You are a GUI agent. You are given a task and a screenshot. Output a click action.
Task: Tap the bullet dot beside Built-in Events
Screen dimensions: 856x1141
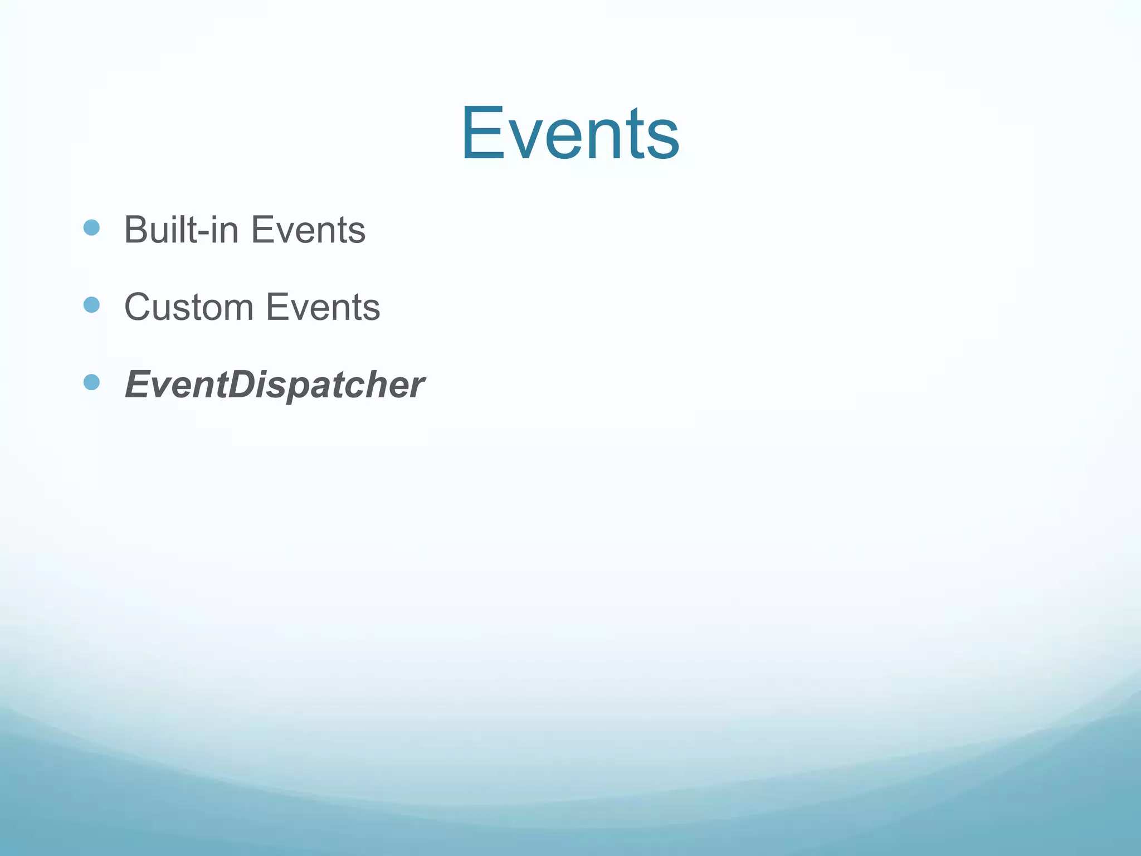click(91, 227)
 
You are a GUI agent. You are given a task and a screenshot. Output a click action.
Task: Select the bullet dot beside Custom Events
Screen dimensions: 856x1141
click(91, 305)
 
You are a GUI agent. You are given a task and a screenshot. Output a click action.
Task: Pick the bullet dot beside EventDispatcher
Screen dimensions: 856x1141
click(91, 382)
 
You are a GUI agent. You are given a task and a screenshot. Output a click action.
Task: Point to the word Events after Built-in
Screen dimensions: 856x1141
click(308, 230)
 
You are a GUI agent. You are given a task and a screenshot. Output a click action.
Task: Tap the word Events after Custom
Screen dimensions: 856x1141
click(323, 307)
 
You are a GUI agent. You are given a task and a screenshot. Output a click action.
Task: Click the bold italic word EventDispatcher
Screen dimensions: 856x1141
click(274, 385)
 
